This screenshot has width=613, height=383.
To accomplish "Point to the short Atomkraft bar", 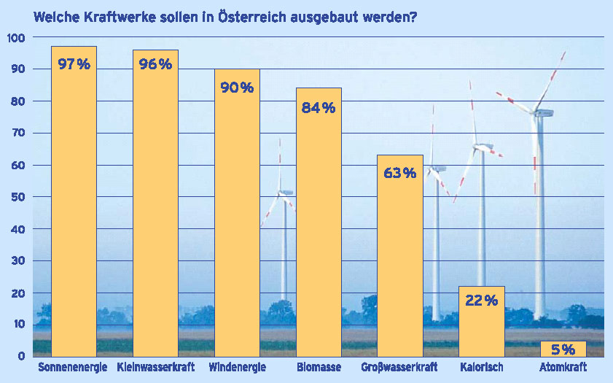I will click(x=563, y=349).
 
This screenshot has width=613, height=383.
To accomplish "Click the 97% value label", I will click(x=74, y=64).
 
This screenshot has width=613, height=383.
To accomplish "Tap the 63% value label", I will click(x=400, y=173).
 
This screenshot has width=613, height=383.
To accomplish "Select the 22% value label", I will click(x=481, y=300).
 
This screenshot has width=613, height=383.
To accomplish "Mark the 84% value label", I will click(x=319, y=108).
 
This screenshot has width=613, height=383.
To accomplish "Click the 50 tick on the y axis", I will click(x=17, y=197).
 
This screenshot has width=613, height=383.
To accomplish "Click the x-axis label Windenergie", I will click(x=237, y=367).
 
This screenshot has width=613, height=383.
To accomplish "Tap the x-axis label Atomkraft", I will click(x=563, y=367).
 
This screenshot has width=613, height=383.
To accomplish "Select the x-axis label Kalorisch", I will click(x=481, y=367).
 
